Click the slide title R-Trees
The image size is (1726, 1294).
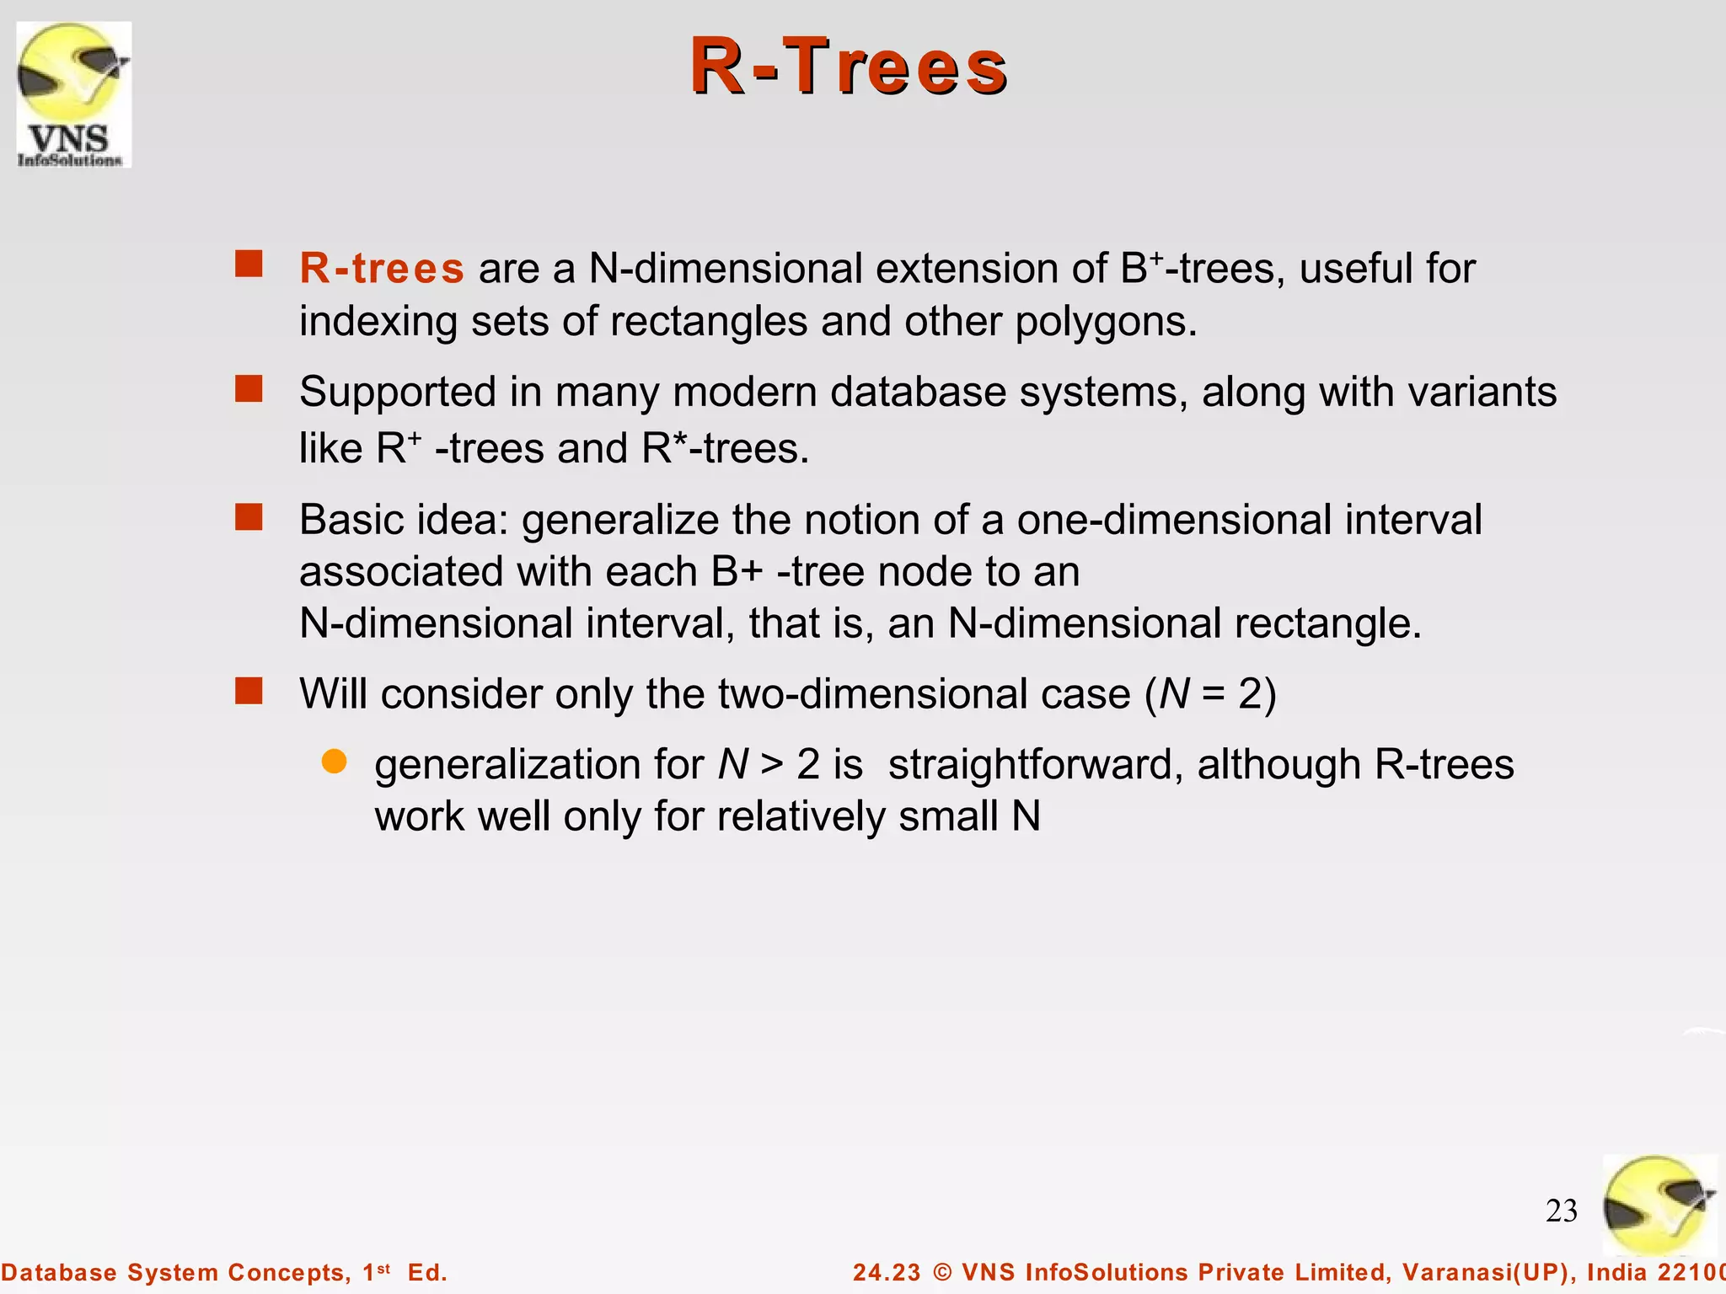(849, 67)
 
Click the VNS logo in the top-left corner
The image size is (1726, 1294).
(74, 94)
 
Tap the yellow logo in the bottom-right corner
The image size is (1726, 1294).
(1659, 1206)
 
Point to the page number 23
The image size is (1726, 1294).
(1561, 1211)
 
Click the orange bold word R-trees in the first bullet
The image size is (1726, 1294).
(382, 269)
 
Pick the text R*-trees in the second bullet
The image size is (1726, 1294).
(725, 448)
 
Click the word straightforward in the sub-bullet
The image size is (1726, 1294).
(1036, 765)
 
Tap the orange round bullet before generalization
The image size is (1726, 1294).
(335, 762)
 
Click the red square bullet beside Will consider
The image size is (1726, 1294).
(249, 692)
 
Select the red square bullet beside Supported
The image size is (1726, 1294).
(249, 389)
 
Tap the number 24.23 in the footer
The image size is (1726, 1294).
(887, 1272)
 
